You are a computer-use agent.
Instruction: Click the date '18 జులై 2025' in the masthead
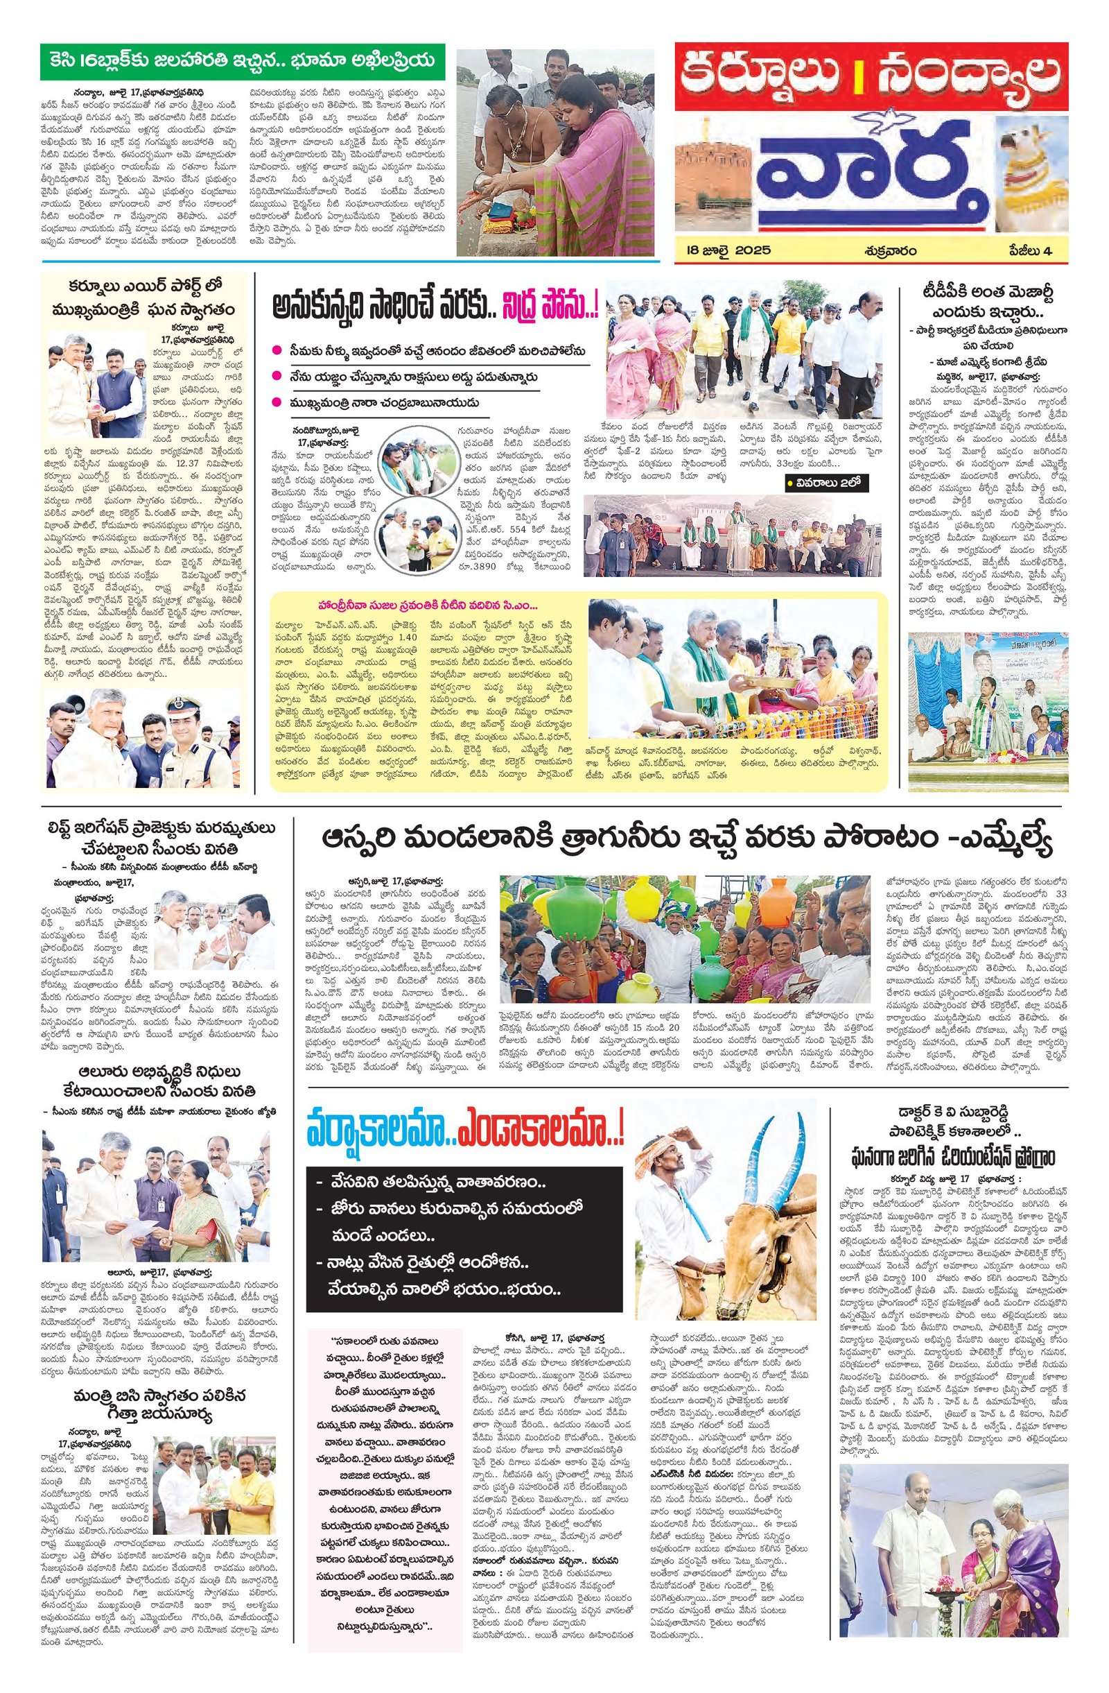point(724,250)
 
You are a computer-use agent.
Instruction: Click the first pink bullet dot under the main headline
point(277,350)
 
